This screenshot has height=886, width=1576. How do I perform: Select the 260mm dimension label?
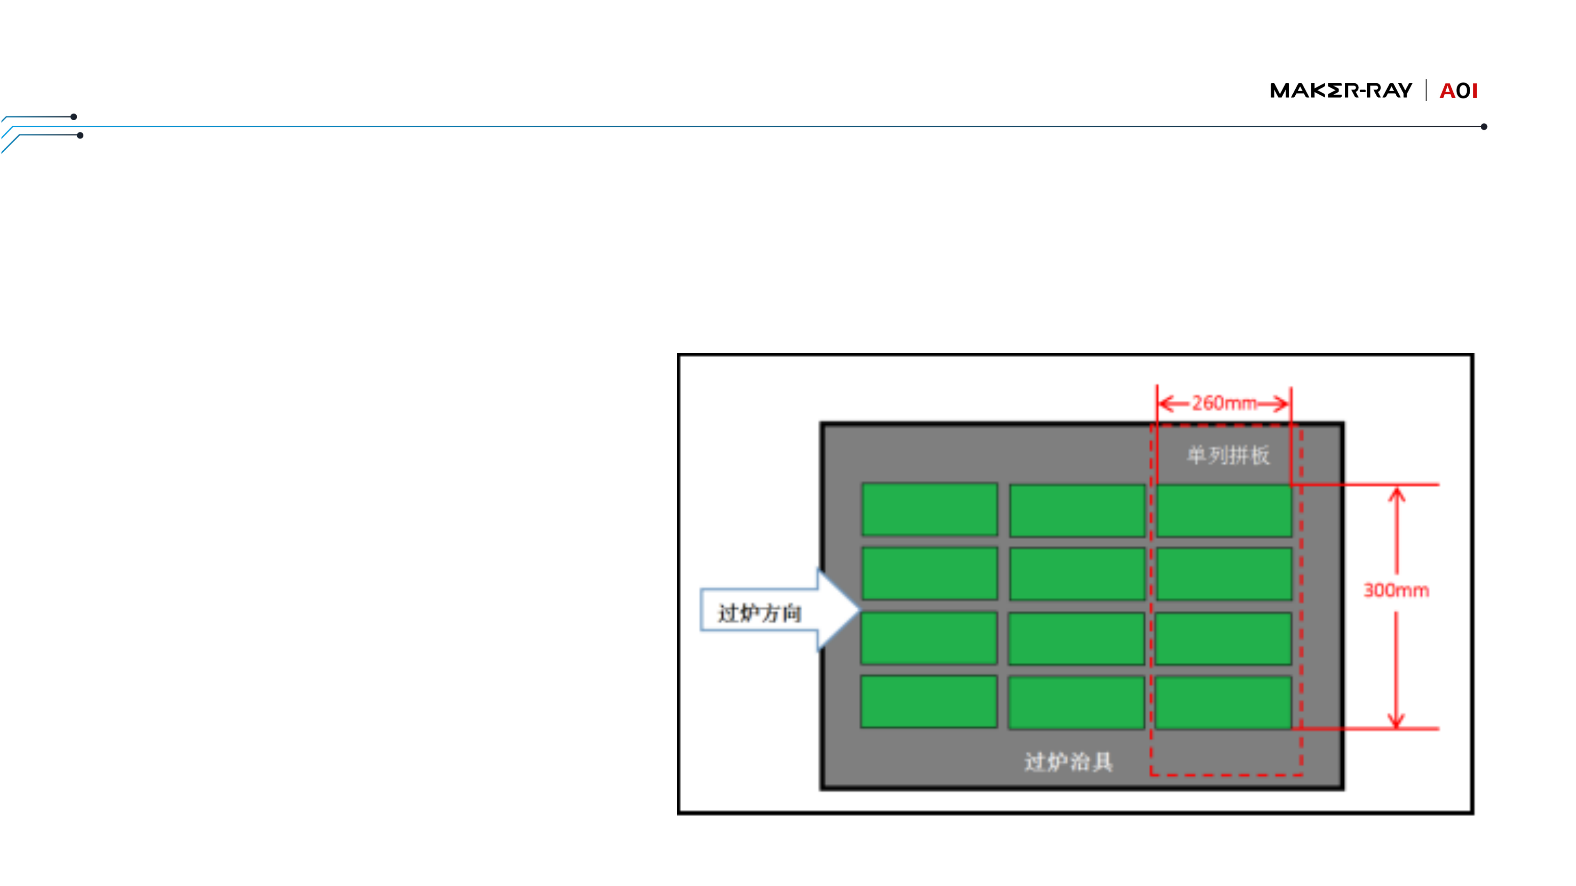click(x=1223, y=404)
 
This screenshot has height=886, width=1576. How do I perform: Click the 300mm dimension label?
click(x=1396, y=590)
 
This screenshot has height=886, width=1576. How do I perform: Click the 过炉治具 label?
click(x=1068, y=762)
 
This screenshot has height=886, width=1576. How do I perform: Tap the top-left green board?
click(x=929, y=509)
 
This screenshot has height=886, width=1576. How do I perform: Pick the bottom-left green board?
click(x=929, y=701)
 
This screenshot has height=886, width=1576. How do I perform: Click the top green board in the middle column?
click(x=1077, y=511)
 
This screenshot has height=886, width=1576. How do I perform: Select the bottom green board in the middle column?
click(x=1076, y=703)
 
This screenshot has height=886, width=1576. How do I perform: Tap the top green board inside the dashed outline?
click(x=1223, y=511)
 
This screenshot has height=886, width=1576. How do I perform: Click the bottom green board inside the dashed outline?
click(x=1223, y=703)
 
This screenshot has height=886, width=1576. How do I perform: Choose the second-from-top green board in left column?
click(x=929, y=573)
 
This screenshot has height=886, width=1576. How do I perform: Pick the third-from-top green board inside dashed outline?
click(x=1223, y=638)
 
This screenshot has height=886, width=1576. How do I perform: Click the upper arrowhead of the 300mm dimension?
click(x=1396, y=493)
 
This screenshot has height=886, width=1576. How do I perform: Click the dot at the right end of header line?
click(x=1484, y=127)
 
